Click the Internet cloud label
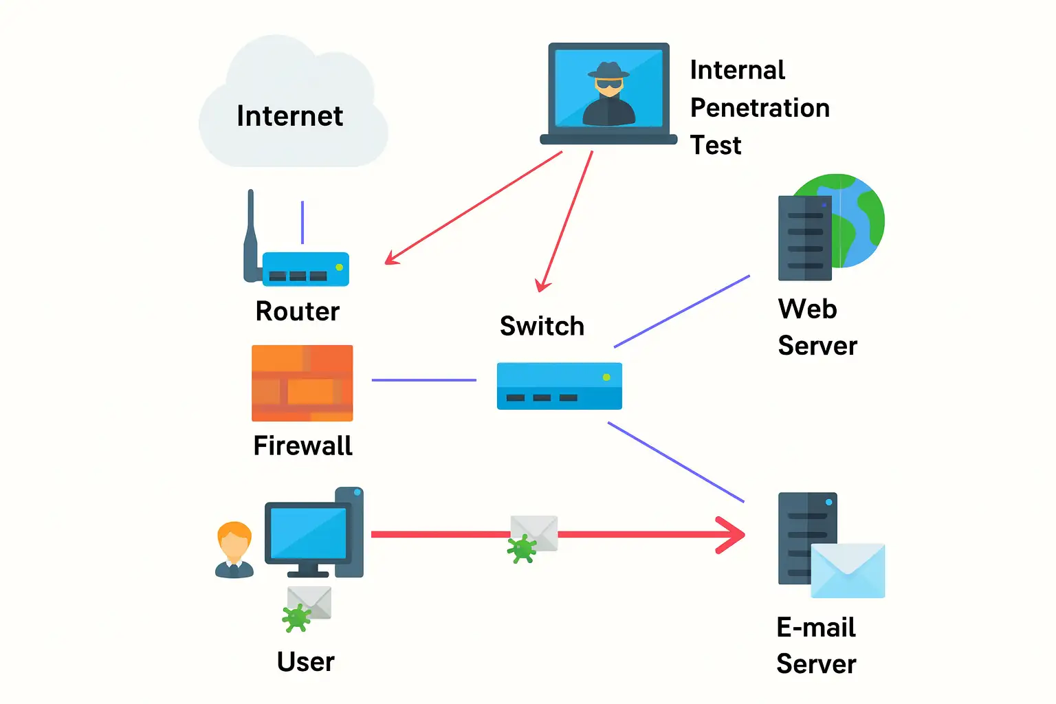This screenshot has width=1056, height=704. tap(289, 116)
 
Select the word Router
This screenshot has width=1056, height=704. tap(297, 311)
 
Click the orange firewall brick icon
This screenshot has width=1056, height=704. tap(302, 383)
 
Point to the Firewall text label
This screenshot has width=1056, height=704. tap(302, 445)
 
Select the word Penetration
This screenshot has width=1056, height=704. tap(760, 108)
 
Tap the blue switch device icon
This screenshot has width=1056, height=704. tap(559, 386)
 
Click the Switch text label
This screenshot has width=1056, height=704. tap(542, 326)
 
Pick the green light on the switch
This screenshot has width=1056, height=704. tap(606, 377)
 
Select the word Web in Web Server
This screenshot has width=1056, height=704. tap(807, 309)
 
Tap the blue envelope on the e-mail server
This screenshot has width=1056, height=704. tap(848, 570)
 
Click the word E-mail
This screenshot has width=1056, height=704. tap(815, 627)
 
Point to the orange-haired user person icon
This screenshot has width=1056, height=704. tap(234, 549)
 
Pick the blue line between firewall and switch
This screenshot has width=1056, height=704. tap(423, 379)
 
